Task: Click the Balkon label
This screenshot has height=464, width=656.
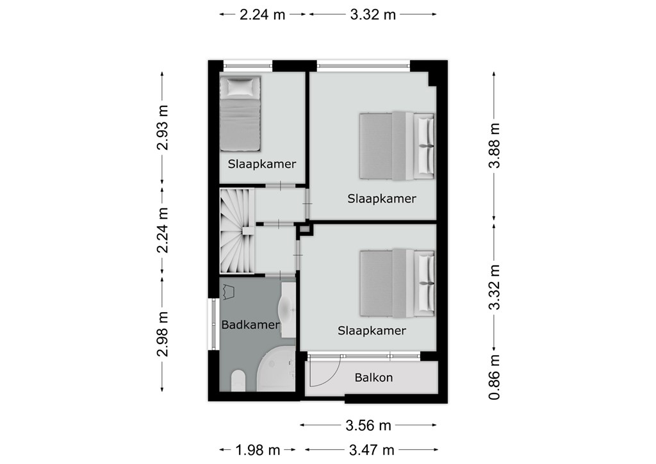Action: [x=373, y=378]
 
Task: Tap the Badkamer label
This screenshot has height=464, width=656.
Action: [x=250, y=325]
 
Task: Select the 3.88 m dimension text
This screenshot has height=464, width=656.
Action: [x=494, y=145]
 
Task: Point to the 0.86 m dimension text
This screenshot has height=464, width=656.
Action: [x=494, y=377]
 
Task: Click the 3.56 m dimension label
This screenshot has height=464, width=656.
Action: [x=368, y=426]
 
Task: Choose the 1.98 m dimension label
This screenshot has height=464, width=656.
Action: [x=258, y=450]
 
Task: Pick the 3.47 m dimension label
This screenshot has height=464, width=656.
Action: [x=372, y=450]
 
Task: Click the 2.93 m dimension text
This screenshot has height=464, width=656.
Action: [x=162, y=127]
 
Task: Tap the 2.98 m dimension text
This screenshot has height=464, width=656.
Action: [x=162, y=334]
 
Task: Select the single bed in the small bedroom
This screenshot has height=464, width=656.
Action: [x=240, y=113]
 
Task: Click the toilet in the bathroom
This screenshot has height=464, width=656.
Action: [x=238, y=380]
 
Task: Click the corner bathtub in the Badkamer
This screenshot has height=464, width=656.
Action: [x=276, y=372]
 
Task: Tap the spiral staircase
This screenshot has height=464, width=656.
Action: [x=237, y=231]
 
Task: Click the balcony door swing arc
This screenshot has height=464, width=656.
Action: [x=331, y=376]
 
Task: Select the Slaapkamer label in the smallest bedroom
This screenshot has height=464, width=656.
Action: [x=262, y=164]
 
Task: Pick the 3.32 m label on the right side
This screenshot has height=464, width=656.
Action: [x=494, y=287]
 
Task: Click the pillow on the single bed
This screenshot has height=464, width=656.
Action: [x=240, y=87]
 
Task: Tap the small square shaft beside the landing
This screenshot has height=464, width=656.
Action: [x=306, y=229]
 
